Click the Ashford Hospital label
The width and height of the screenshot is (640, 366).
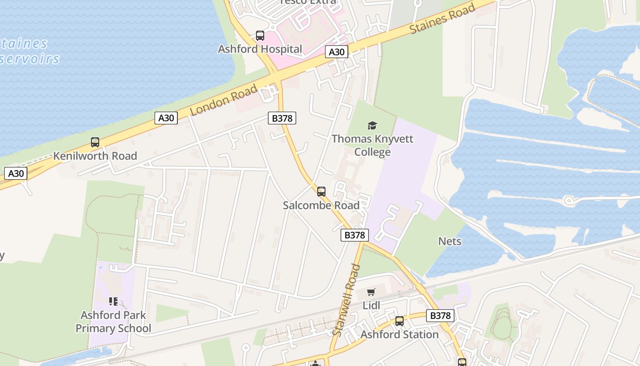pyautogui.click(x=260, y=49)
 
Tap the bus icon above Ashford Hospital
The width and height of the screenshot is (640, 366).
pyautogui.click(x=260, y=36)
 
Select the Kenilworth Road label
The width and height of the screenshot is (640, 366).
pyautogui.click(x=95, y=156)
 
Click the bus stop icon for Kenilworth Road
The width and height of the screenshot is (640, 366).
pyautogui.click(x=95, y=142)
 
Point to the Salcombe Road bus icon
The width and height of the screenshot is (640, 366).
pyautogui.click(x=321, y=192)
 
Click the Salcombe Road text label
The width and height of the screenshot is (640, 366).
pyautogui.click(x=321, y=205)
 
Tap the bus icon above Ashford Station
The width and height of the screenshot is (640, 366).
pyautogui.click(x=400, y=321)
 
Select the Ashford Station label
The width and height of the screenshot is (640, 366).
pyautogui.click(x=400, y=335)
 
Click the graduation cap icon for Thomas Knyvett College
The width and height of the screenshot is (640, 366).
pyautogui.click(x=372, y=125)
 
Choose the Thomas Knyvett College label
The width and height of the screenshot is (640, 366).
pyautogui.click(x=372, y=145)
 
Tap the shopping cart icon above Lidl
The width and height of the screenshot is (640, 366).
pyautogui.click(x=371, y=292)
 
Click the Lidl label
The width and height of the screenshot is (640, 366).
pyautogui.click(x=371, y=305)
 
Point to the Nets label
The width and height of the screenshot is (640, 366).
pyautogui.click(x=450, y=241)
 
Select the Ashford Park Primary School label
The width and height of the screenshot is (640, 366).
pyautogui.click(x=113, y=322)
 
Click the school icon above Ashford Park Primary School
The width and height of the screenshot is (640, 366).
pyautogui.click(x=113, y=301)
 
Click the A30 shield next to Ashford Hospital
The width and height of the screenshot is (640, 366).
pyautogui.click(x=336, y=52)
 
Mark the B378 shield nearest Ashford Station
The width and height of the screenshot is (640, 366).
pyautogui.click(x=440, y=316)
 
